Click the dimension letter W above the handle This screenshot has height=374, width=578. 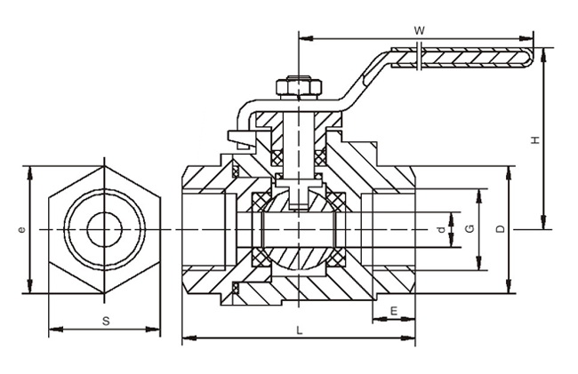420,30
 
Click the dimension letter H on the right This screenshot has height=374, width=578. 534,140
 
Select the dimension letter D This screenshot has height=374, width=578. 501,229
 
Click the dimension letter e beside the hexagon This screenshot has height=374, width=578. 21,229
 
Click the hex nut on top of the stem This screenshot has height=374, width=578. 298,87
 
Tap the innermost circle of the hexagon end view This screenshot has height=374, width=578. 104,229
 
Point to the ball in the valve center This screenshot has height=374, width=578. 298,233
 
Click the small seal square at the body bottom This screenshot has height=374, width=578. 237,288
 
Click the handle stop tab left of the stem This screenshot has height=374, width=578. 238,137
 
